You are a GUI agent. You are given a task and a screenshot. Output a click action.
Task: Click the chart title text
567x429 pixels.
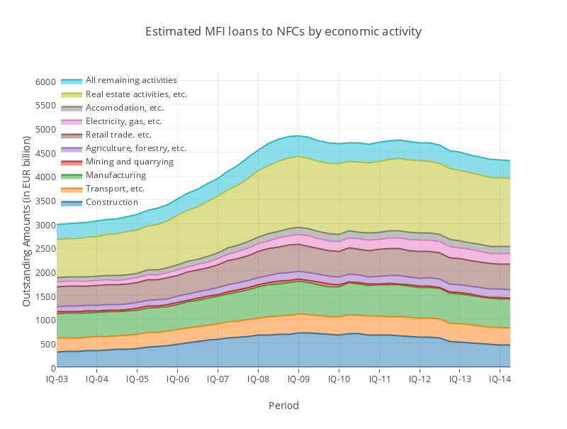283,32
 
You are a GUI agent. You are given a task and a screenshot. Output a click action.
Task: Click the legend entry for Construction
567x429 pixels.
111,202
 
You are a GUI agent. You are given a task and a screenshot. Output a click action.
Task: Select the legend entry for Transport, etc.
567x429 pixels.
115,189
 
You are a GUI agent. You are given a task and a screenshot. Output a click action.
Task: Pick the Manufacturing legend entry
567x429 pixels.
116,175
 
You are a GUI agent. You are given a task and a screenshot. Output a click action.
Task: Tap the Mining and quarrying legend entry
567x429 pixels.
129,162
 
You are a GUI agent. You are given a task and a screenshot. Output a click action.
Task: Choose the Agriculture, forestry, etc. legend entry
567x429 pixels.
135,148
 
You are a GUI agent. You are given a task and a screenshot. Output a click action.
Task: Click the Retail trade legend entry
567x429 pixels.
118,135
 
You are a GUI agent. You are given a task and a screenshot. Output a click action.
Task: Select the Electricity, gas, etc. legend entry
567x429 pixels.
123,121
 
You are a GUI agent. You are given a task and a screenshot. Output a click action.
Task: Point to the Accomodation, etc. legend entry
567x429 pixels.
124,108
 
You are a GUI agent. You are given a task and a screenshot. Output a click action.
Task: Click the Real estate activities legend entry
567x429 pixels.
136,94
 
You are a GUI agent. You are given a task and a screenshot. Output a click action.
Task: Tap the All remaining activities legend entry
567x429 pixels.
131,81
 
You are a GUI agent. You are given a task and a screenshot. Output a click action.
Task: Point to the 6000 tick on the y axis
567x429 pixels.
45,82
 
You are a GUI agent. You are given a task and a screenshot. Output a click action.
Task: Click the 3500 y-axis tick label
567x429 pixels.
45,201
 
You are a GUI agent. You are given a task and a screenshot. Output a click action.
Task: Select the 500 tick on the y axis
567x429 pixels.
47,345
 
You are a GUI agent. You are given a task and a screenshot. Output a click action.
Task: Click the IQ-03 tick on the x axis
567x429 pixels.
57,380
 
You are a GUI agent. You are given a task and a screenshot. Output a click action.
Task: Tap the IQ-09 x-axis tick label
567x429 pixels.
298,380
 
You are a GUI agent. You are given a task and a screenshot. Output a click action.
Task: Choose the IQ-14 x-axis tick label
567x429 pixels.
500,380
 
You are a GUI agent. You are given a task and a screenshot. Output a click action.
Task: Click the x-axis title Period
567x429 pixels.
283,406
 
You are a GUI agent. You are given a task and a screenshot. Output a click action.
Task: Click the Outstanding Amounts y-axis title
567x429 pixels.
26,224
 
